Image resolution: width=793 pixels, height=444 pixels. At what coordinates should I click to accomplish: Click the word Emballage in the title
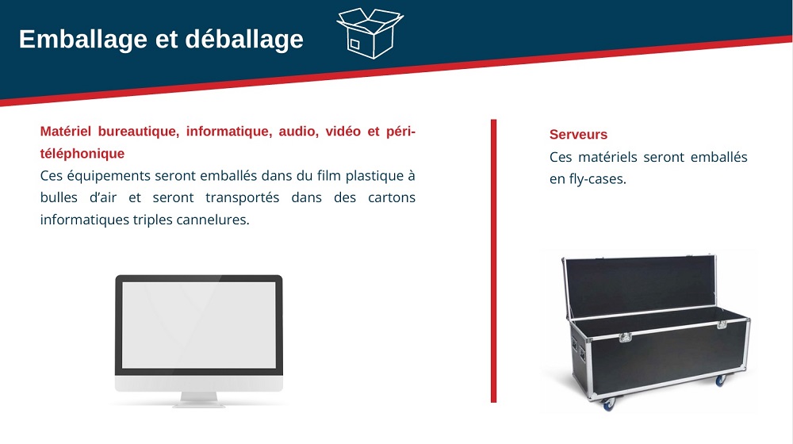[83, 39]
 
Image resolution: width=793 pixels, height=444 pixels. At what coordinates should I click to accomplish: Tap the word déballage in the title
[244, 39]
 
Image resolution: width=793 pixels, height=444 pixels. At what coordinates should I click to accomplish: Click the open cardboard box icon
[370, 33]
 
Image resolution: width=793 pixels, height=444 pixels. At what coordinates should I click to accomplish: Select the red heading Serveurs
[578, 135]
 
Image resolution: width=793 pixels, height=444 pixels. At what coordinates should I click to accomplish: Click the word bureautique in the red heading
[137, 132]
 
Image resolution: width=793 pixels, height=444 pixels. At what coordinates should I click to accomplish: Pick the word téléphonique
[82, 153]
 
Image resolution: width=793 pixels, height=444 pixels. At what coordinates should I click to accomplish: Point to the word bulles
[59, 197]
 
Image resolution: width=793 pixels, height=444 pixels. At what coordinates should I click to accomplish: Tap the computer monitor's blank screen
[199, 325]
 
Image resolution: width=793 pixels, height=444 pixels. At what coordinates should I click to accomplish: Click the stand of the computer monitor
[199, 399]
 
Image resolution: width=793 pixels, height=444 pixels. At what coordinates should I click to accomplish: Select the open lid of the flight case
[639, 286]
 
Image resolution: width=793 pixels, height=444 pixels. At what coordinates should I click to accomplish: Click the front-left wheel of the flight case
[607, 403]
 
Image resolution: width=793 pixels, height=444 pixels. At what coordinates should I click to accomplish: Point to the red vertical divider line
[493, 261]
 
